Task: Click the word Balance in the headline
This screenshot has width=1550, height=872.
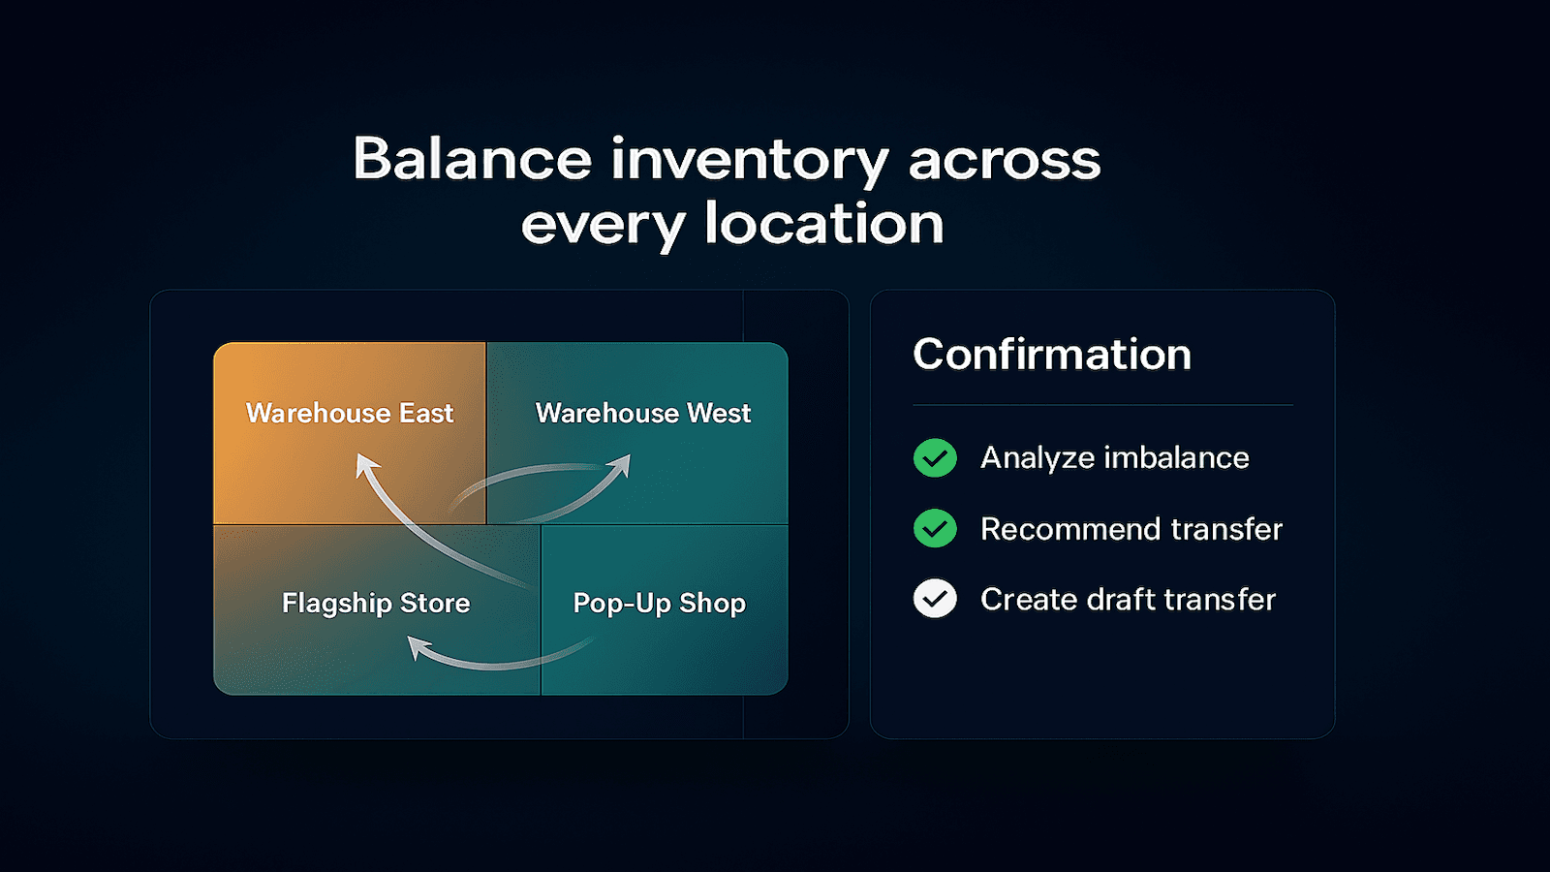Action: pyautogui.click(x=472, y=160)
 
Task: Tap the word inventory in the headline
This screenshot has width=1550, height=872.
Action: pyautogui.click(x=749, y=160)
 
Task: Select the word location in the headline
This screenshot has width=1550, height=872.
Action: pyautogui.click(x=823, y=225)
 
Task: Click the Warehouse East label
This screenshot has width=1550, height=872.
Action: pyautogui.click(x=350, y=414)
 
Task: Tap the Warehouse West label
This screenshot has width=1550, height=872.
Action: pyautogui.click(x=642, y=414)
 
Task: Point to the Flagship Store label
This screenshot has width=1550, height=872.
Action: pyautogui.click(x=376, y=604)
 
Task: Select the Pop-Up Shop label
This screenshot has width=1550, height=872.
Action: pyautogui.click(x=659, y=604)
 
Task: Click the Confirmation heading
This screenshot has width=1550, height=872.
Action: pyautogui.click(x=1052, y=355)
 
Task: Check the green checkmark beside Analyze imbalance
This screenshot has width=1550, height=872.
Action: pyautogui.click(x=935, y=457)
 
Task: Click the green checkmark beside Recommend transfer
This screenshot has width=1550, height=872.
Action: pyautogui.click(x=935, y=528)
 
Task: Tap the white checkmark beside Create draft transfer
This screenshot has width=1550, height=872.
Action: pyautogui.click(x=935, y=599)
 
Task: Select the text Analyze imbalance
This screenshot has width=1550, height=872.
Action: pyautogui.click(x=1114, y=457)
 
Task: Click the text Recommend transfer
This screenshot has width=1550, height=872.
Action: pyautogui.click(x=1131, y=529)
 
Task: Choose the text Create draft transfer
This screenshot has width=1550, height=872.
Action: pyautogui.click(x=1128, y=600)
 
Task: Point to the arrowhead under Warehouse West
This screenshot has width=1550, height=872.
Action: pyautogui.click(x=620, y=466)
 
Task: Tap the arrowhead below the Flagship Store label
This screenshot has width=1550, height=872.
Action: pyautogui.click(x=418, y=646)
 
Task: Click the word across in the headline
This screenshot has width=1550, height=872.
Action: pyautogui.click(x=1005, y=160)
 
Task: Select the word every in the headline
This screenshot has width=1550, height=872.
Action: pyautogui.click(x=603, y=226)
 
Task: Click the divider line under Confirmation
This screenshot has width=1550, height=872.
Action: pyautogui.click(x=1102, y=405)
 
